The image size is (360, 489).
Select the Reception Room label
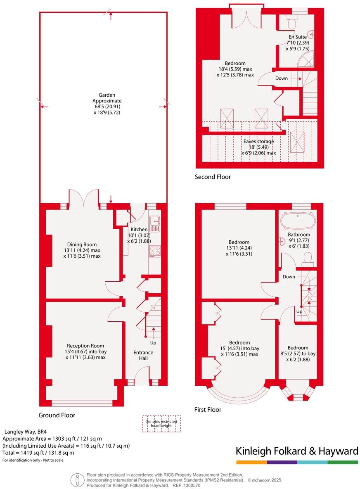85,346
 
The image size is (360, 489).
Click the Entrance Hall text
143,355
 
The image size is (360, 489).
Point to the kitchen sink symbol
155,223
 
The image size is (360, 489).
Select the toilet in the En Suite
294,20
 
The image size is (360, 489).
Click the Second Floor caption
213,177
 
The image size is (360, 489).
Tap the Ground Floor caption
57,415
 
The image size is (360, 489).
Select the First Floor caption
208,410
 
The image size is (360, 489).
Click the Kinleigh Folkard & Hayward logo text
297,451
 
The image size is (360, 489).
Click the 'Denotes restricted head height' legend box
161,424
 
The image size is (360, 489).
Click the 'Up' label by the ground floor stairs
153,343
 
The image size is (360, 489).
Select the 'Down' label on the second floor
282,78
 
